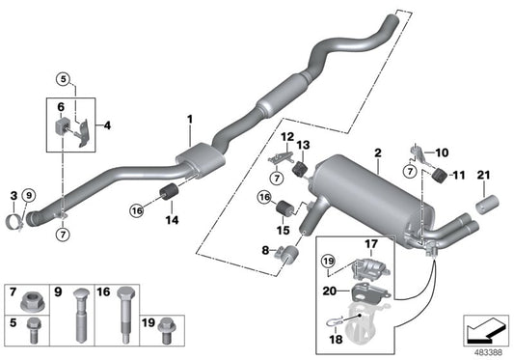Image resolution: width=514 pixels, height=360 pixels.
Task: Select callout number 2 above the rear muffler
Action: point(378,153)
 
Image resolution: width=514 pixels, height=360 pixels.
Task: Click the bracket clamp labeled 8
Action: point(284,255)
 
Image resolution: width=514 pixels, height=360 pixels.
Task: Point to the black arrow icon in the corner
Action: point(484,331)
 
